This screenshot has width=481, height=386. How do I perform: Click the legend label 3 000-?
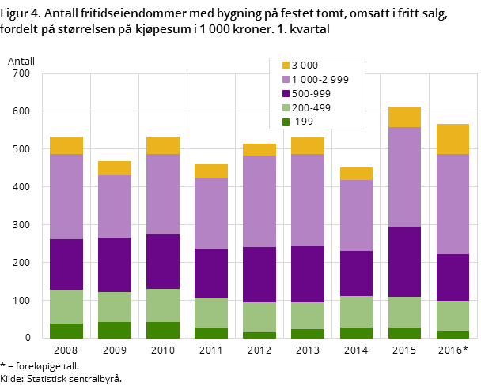[306, 66]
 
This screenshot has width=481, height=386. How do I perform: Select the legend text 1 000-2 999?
[320, 80]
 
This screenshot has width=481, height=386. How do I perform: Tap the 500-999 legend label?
[311, 94]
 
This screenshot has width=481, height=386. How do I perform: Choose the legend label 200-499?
[311, 108]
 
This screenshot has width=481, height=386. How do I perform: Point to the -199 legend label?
[302, 122]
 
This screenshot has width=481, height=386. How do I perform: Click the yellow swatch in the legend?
[286, 66]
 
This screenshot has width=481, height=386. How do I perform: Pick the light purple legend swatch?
[286, 80]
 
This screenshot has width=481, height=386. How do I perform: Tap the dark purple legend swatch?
[286, 94]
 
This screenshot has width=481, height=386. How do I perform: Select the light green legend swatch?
[286, 108]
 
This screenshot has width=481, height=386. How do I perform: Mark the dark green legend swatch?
[286, 122]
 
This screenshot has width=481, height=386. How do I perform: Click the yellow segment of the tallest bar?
[404, 117]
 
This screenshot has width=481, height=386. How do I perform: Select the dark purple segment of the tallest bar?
[404, 261]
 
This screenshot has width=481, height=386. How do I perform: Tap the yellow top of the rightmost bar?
[453, 139]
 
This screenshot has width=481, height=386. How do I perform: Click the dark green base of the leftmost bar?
[66, 331]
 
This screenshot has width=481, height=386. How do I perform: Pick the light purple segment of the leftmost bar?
[66, 197]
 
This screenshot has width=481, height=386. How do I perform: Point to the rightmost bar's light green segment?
[453, 316]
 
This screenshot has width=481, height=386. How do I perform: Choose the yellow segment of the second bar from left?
[115, 168]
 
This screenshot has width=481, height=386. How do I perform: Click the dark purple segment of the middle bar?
[259, 275]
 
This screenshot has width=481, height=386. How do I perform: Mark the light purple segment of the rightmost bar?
[453, 204]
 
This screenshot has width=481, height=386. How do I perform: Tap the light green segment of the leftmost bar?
[66, 306]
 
